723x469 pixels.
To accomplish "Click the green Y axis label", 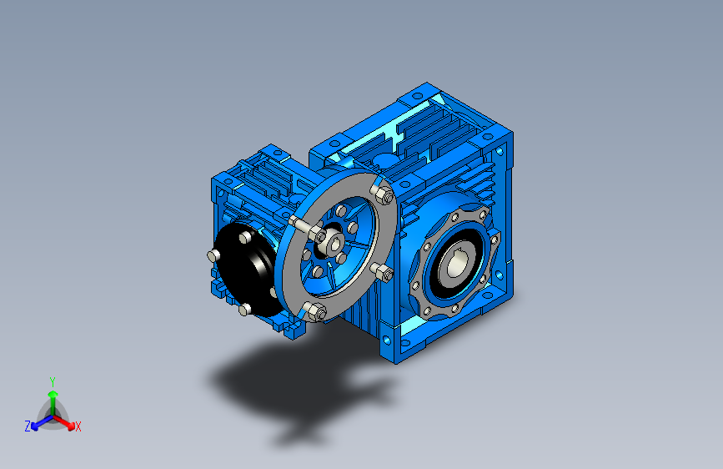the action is point(53,381).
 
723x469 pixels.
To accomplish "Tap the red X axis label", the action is point(78,426).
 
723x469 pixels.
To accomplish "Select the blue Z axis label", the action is point(28,426).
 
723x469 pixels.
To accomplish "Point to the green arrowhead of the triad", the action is point(53,394).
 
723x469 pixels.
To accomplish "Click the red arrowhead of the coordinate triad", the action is point(71,425).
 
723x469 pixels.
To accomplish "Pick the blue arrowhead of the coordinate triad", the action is point(34,426).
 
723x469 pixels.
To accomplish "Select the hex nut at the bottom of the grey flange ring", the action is point(316,311).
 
